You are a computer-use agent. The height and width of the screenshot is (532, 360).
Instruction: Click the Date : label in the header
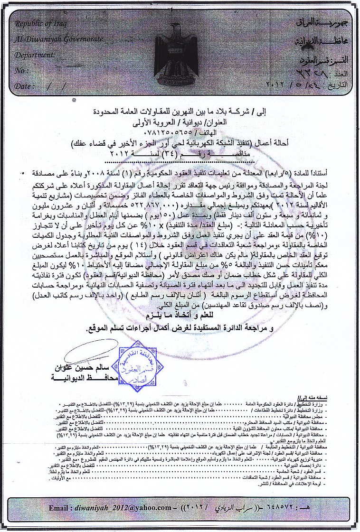coord(23,86)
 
